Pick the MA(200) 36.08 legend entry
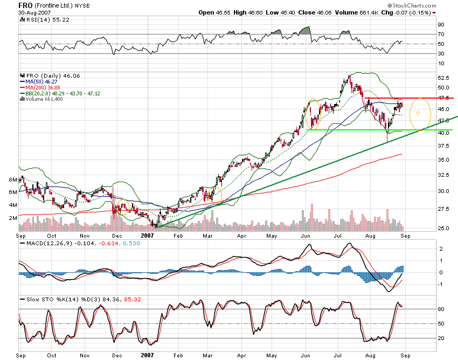pyautogui.click(x=41, y=87)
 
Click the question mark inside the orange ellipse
pyautogui.click(x=418, y=114)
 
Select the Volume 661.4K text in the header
pyautogui.click(x=341, y=12)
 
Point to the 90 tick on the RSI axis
pyautogui.click(x=440, y=25)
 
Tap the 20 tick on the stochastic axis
pyautogui.click(x=440, y=338)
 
